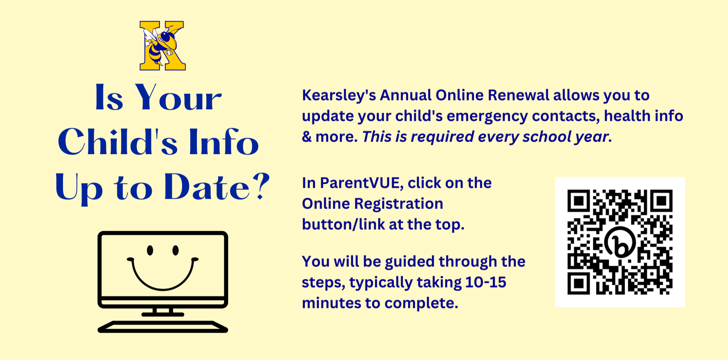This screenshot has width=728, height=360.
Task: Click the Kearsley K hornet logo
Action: (163, 46)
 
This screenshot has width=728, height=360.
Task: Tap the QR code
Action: (620, 242)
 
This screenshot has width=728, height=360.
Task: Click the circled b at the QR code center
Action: (620, 242)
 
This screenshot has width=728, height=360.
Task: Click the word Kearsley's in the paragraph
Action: (339, 96)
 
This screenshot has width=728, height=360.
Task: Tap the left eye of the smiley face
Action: (150, 250)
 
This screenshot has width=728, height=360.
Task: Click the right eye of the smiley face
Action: (175, 250)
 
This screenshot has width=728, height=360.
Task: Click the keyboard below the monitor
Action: (163, 327)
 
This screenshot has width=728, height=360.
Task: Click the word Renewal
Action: (518, 95)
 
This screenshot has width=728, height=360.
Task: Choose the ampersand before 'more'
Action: (307, 137)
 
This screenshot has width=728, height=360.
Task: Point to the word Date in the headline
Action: (207, 187)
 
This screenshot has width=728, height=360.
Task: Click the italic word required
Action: (442, 137)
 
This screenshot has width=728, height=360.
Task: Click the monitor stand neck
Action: (163, 311)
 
